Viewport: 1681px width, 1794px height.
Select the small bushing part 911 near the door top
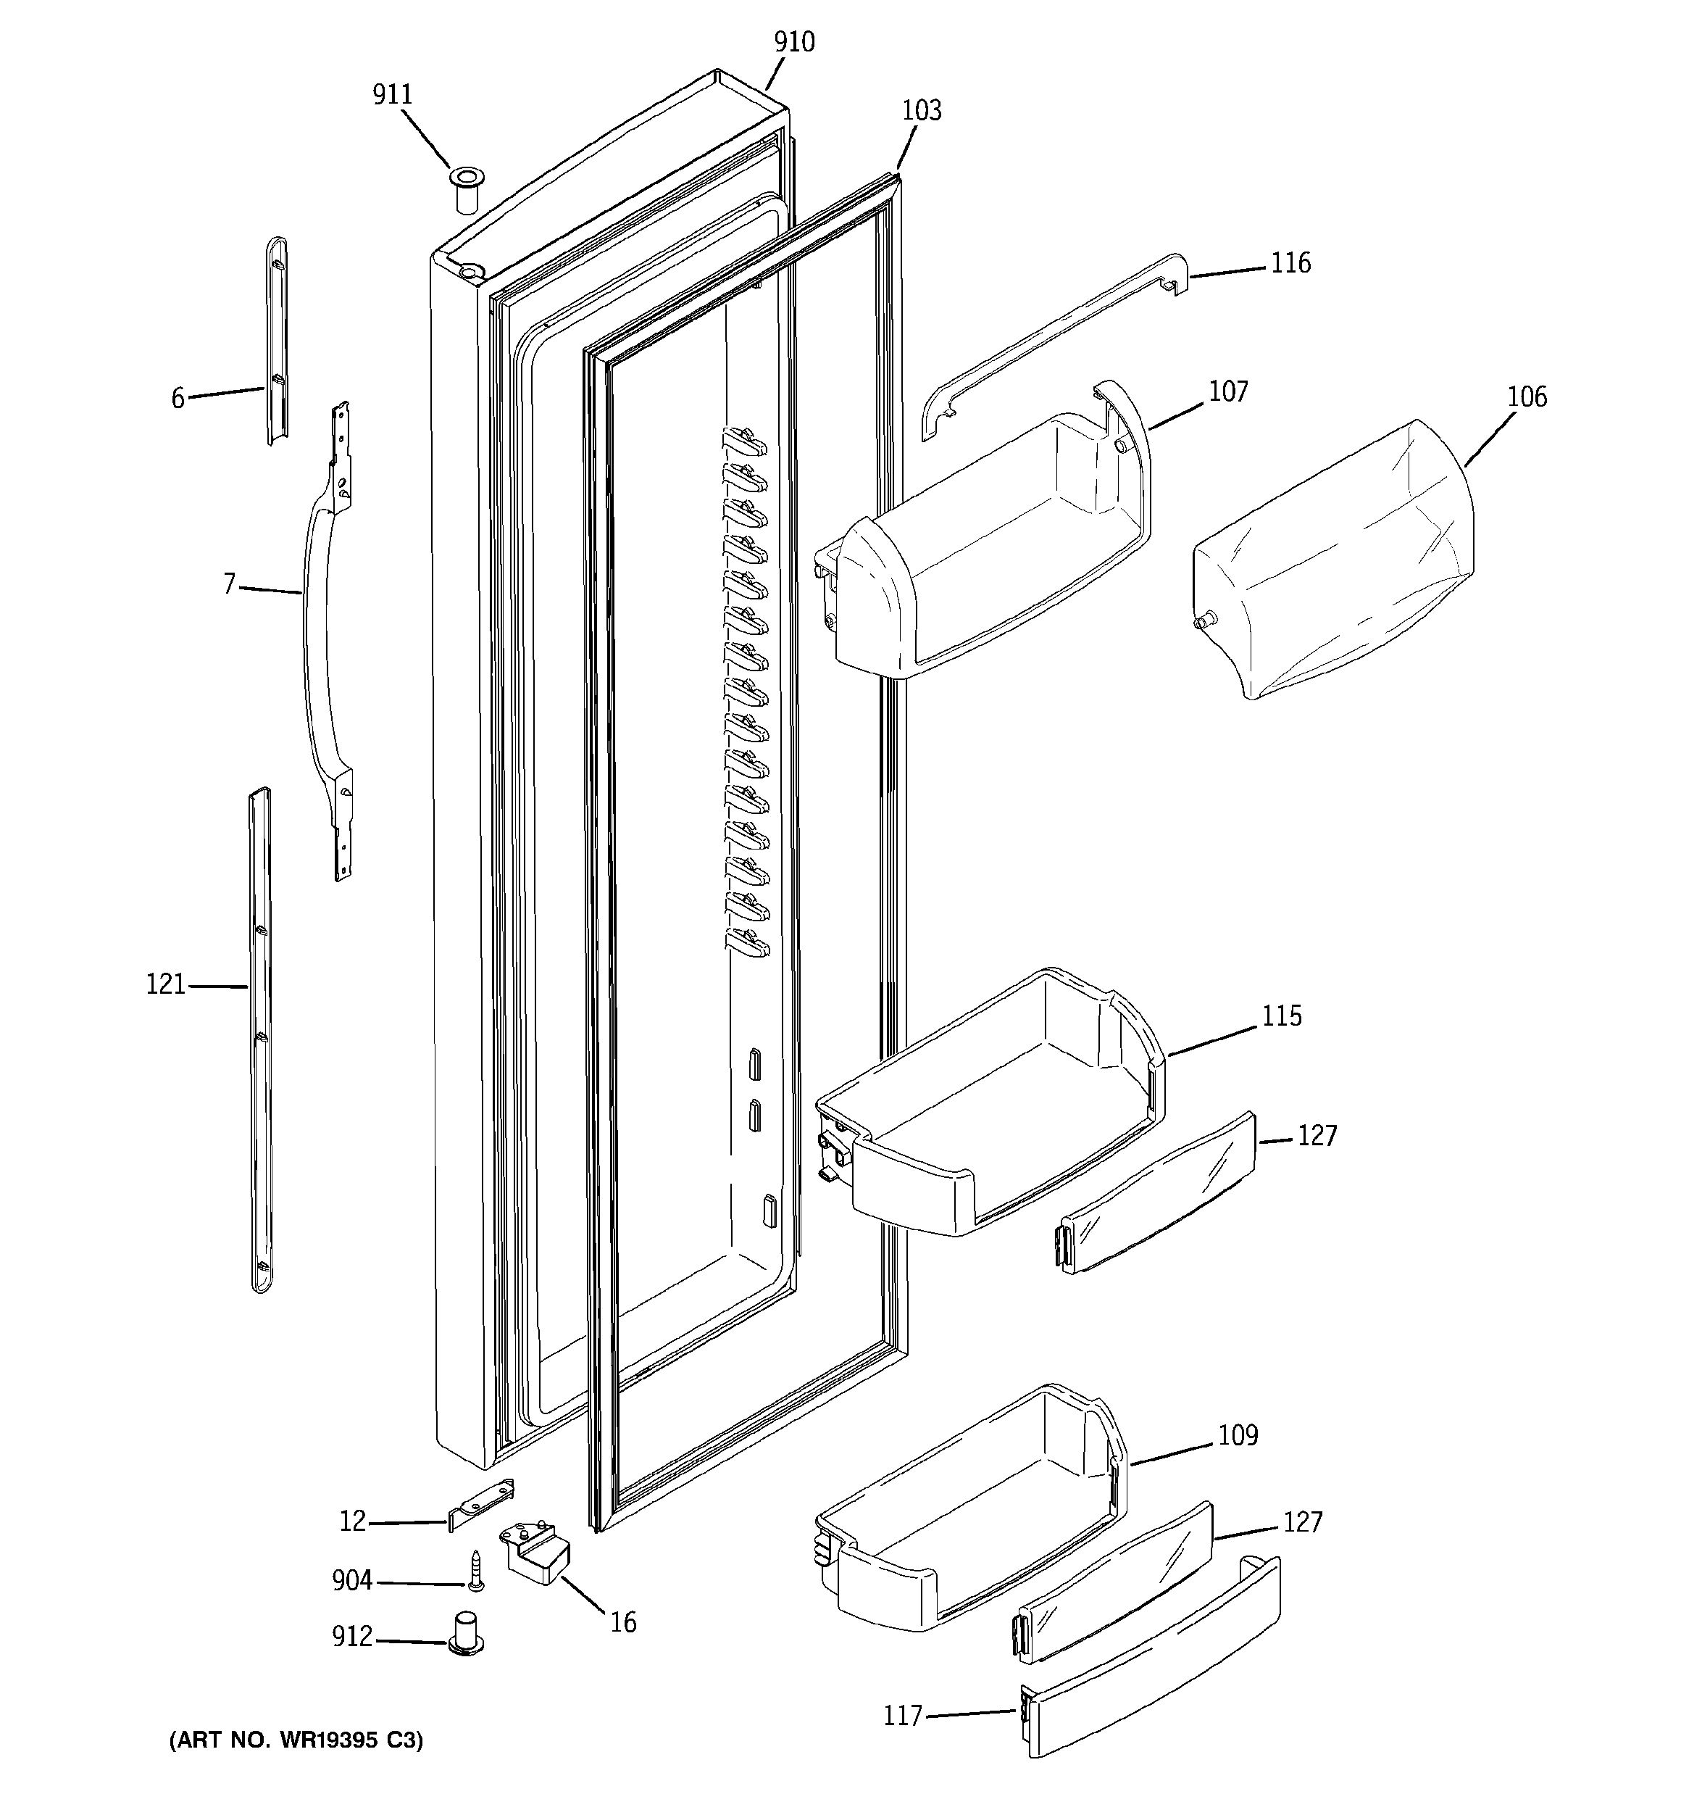click(x=466, y=188)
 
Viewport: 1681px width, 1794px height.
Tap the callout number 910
click(x=794, y=41)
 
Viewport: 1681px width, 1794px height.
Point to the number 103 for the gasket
click(x=921, y=110)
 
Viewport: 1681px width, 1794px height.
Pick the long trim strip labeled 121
click(x=260, y=1038)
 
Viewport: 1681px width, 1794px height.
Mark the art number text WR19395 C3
click(x=295, y=1740)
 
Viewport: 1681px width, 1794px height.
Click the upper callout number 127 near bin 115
click(x=1317, y=1135)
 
